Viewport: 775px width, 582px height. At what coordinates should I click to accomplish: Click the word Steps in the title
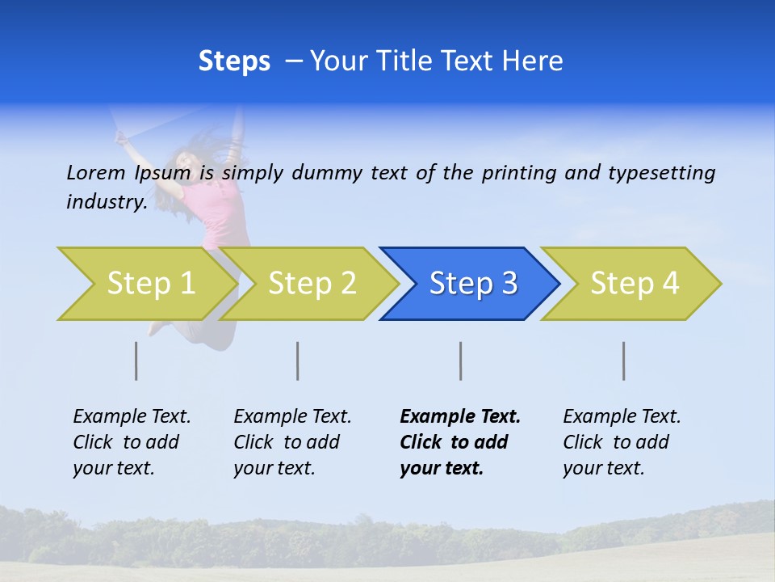[x=234, y=61]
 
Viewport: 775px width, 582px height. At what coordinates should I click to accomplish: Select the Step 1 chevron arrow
[x=145, y=284]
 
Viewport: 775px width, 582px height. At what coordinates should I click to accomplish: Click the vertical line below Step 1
[x=136, y=361]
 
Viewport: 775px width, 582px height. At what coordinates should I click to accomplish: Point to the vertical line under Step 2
[x=298, y=361]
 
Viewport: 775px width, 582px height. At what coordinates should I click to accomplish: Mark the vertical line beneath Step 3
[x=460, y=361]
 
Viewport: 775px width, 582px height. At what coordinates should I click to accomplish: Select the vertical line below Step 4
[x=624, y=361]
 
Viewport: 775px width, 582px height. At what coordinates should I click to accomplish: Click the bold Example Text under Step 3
[x=460, y=442]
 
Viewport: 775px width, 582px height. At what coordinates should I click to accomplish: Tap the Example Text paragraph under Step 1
[x=132, y=442]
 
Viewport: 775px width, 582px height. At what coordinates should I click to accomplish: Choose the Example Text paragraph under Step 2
[x=292, y=442]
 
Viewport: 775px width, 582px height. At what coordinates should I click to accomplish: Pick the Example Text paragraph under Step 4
[x=622, y=442]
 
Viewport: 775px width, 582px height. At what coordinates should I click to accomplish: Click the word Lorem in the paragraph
[x=95, y=172]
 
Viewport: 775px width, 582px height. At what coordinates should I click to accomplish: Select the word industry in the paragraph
[x=106, y=202]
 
